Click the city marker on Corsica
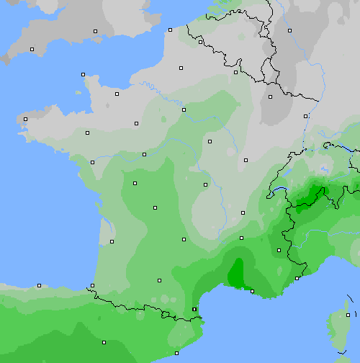click(x=348, y=315)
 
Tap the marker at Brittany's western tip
click(x=25, y=119)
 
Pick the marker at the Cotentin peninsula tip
click(x=83, y=74)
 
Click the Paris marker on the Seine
click(x=184, y=109)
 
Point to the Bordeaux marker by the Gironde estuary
click(x=112, y=241)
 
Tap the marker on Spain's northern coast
click(x=39, y=285)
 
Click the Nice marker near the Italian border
click(x=297, y=278)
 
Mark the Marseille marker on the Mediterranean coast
click(x=252, y=291)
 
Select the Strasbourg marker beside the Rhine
click(x=306, y=115)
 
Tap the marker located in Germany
click(x=289, y=30)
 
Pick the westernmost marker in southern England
click(x=32, y=49)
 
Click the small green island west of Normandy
click(x=78, y=91)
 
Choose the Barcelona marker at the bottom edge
click(x=177, y=353)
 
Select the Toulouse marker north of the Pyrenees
click(x=159, y=281)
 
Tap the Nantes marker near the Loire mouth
click(x=92, y=162)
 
